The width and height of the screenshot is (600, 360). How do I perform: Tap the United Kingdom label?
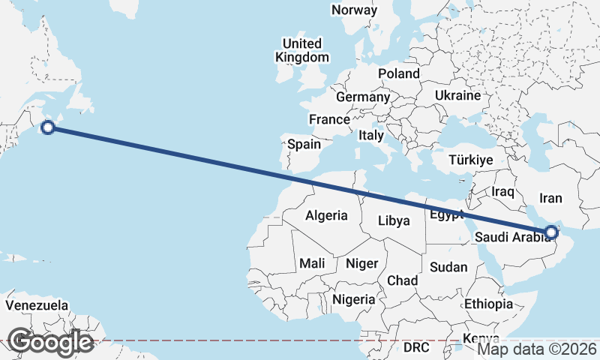(x=301, y=50)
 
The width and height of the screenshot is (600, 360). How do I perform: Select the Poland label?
(x=399, y=73)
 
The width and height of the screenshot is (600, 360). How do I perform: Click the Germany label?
(x=363, y=97)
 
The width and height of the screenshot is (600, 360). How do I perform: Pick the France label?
(x=330, y=119)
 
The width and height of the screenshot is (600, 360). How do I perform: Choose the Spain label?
(x=304, y=144)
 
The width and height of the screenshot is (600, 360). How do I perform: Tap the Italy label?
(x=371, y=136)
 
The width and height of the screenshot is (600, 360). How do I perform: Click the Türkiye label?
(x=470, y=160)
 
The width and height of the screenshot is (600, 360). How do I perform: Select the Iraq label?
(x=502, y=192)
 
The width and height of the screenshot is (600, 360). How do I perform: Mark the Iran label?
(x=550, y=199)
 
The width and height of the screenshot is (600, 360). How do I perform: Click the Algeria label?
(x=326, y=216)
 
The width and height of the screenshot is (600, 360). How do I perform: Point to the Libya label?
(x=394, y=220)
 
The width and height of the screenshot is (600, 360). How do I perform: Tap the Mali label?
(x=312, y=263)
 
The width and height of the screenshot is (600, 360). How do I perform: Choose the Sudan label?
(x=448, y=267)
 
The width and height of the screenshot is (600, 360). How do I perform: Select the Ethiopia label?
(x=488, y=304)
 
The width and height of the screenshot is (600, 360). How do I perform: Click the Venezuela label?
(x=37, y=306)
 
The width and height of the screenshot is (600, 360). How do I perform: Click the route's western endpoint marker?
(x=48, y=127)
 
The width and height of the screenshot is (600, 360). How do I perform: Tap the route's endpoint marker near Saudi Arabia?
(x=551, y=232)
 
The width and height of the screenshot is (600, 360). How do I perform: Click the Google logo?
(x=50, y=342)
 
